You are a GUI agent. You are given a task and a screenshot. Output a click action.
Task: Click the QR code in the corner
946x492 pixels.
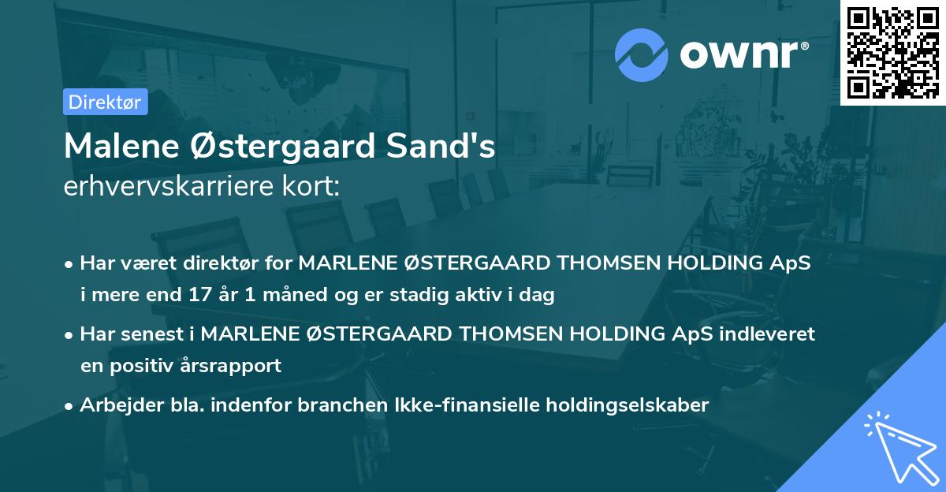point(892,53)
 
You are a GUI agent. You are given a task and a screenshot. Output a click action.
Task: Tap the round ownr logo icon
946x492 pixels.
point(642,55)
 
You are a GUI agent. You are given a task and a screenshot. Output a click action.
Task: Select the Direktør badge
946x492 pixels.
point(105,102)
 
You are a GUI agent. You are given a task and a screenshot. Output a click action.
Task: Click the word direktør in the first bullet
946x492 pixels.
point(222,263)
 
